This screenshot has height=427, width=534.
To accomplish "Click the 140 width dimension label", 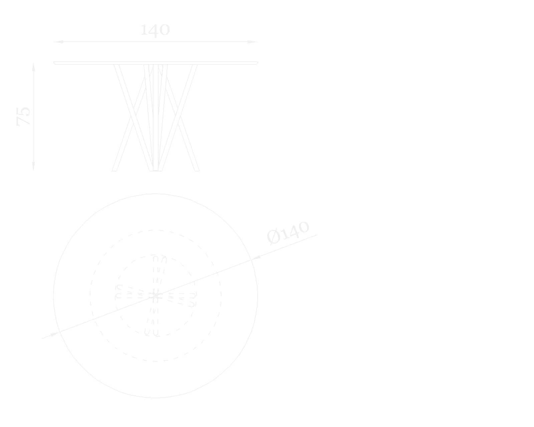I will pos(155,30).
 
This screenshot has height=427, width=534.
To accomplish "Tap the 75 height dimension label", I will pos(24,116).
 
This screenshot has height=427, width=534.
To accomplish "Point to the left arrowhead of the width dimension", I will pos(58,42).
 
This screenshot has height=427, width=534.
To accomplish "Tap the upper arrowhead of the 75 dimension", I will pos(33,67).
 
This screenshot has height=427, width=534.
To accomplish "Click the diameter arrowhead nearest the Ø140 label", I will pos(256,257).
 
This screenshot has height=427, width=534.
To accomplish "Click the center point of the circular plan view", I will pos(155,296).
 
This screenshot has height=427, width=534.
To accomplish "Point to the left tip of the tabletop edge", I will pos(54,62).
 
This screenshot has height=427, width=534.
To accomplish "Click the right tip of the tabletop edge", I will pos(257,62).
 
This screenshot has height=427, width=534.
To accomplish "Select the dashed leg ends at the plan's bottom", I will pos(151,333).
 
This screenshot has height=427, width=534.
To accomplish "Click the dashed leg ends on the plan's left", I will pos(118,292).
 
